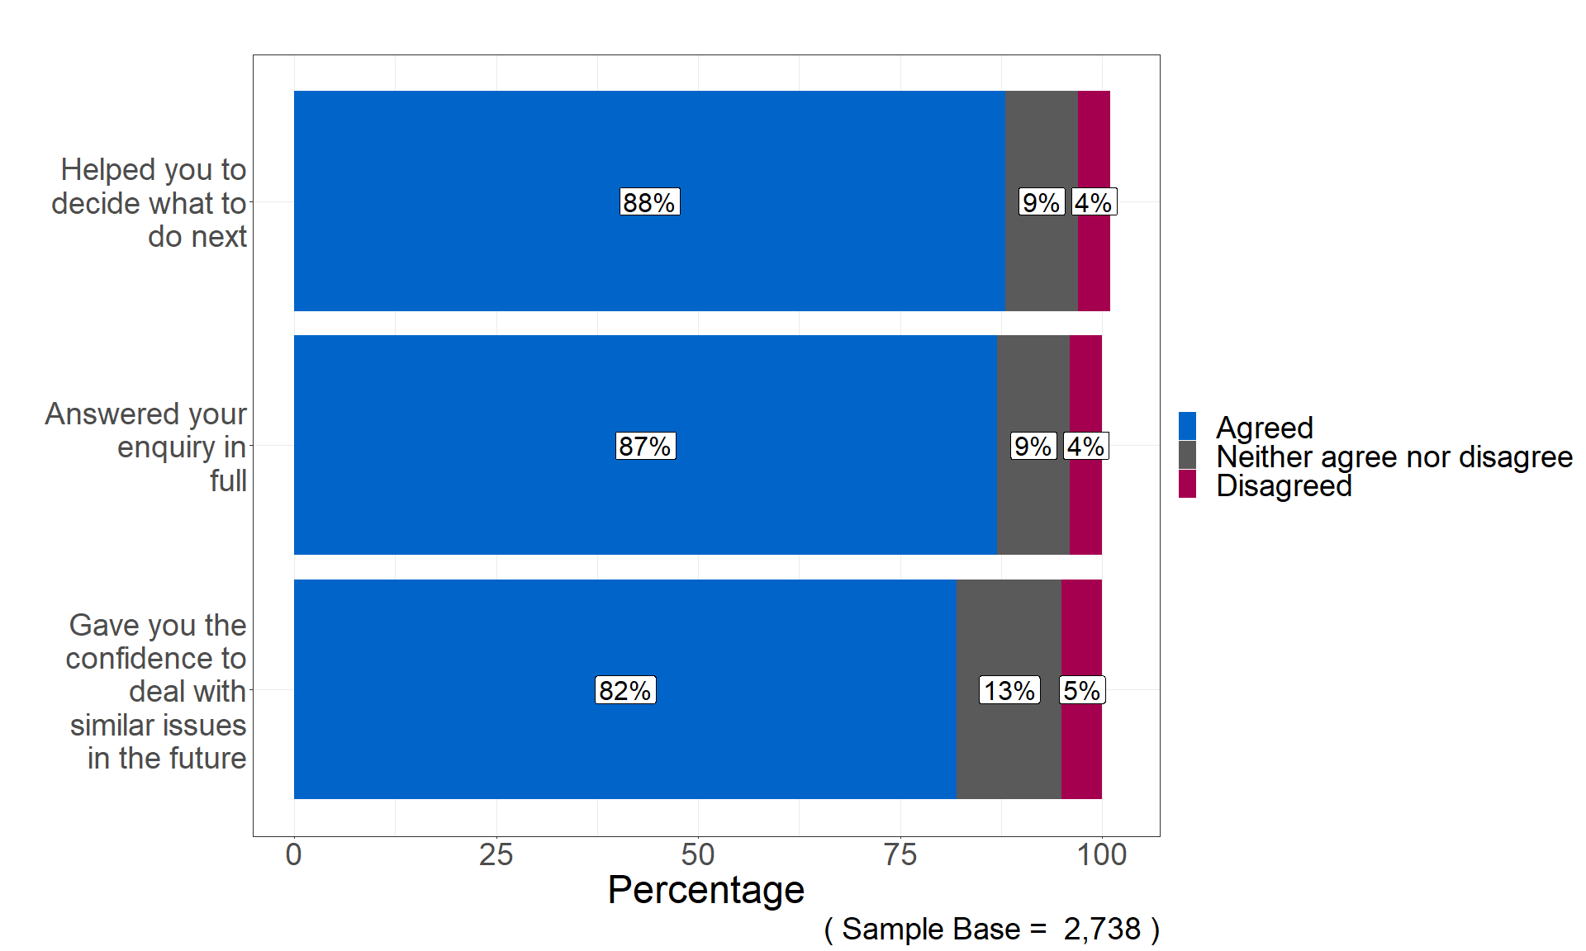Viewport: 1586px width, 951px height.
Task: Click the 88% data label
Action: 649,202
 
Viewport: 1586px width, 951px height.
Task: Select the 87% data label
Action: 645,446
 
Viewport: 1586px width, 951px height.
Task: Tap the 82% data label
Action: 625,690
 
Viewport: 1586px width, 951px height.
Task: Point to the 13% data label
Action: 1009,690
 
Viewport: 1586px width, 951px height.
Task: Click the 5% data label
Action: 1081,690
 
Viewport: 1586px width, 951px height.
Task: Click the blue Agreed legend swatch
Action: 1187,427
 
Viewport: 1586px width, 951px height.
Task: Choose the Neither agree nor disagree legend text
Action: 1394,457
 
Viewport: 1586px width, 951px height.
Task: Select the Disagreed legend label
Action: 1284,485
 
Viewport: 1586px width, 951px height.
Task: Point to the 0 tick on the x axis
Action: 293,854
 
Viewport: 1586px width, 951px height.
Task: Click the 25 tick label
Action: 496,854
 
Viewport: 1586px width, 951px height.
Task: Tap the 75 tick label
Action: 900,854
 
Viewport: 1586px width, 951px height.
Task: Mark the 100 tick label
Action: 1102,854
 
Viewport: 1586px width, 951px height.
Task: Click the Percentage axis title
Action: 705,890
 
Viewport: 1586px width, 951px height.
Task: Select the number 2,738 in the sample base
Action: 1102,929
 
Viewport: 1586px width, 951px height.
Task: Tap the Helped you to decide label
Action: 150,203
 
